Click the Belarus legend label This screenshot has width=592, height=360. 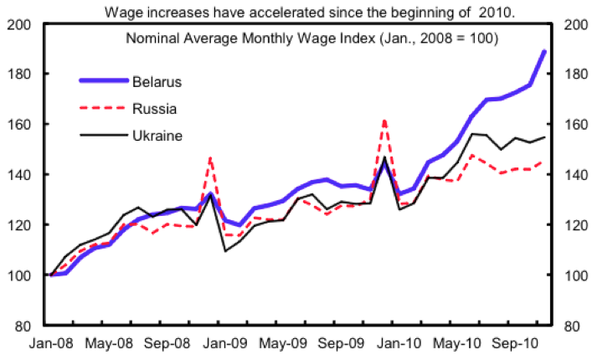click(157, 81)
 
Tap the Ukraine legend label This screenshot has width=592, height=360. click(157, 135)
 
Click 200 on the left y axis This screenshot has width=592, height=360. click(21, 24)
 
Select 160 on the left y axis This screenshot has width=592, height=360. click(21, 125)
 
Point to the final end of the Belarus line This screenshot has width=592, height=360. click(545, 51)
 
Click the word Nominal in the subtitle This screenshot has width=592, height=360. click(149, 39)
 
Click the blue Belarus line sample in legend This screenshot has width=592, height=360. click(103, 81)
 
